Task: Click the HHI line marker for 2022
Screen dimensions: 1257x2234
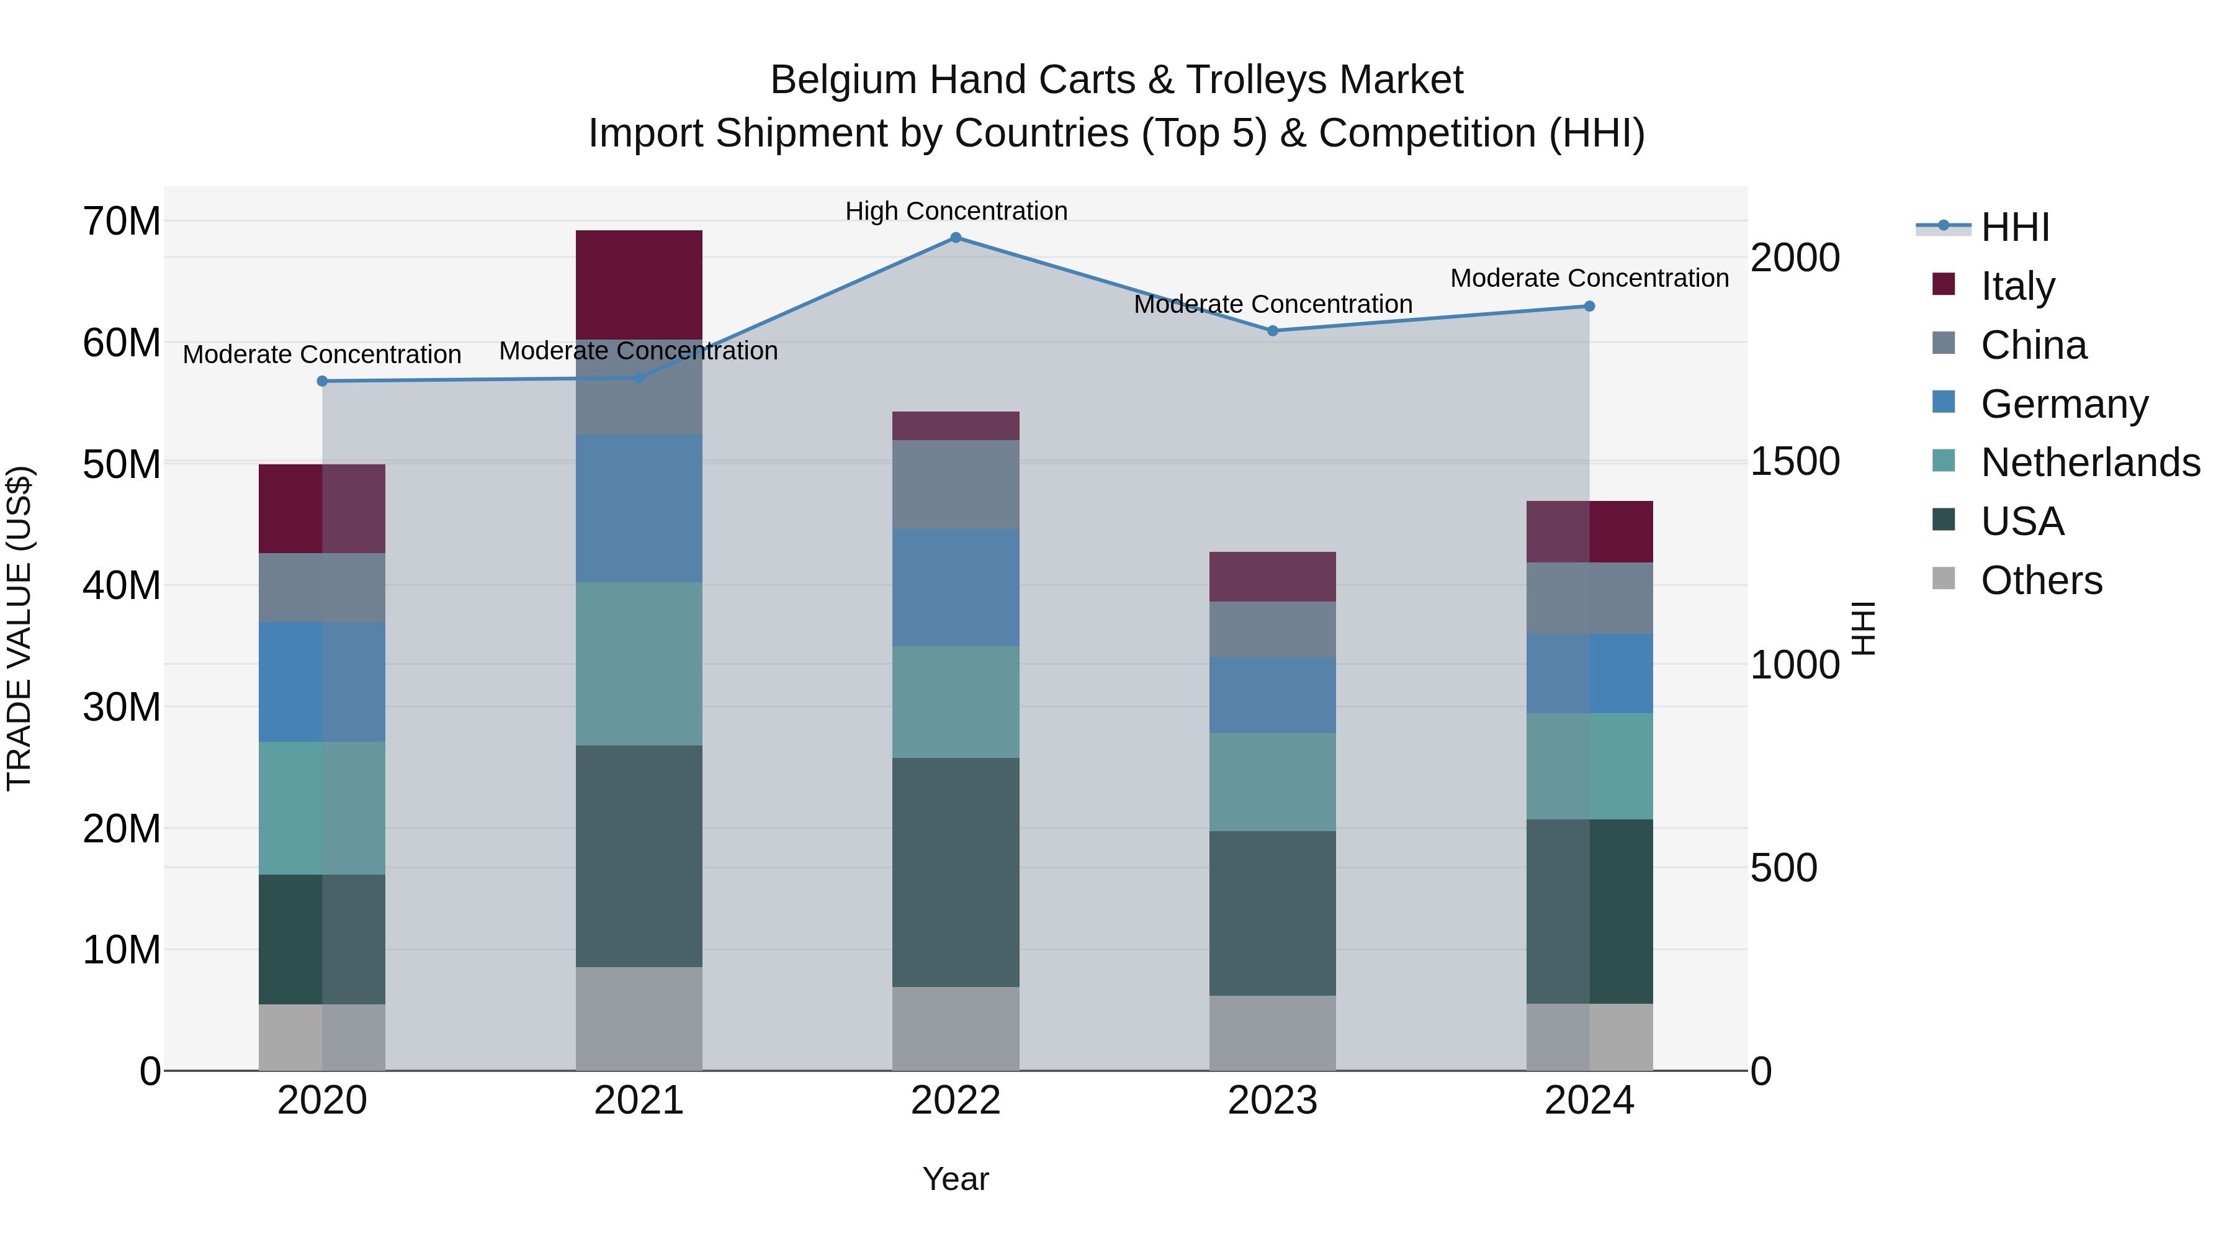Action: pyautogui.click(x=956, y=238)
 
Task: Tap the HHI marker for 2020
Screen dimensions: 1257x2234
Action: pyautogui.click(x=323, y=381)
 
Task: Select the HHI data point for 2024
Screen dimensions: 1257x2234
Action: pyautogui.click(x=1589, y=306)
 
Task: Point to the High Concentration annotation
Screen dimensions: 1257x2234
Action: pyautogui.click(x=956, y=211)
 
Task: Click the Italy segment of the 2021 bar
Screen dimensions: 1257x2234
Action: pyautogui.click(x=639, y=284)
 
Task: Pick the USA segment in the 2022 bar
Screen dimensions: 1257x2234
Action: pyautogui.click(x=956, y=872)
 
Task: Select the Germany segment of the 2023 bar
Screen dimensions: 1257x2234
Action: pyautogui.click(x=1272, y=695)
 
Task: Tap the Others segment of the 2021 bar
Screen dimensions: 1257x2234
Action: pyautogui.click(x=639, y=1019)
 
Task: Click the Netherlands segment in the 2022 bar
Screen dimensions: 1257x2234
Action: pyautogui.click(x=956, y=702)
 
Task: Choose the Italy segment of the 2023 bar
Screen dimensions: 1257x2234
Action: pyautogui.click(x=1272, y=576)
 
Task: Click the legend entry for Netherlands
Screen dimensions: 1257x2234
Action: pyautogui.click(x=2090, y=462)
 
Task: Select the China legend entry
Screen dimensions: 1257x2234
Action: pyautogui.click(x=2034, y=345)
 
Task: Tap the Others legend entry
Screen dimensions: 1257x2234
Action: pyautogui.click(x=2042, y=580)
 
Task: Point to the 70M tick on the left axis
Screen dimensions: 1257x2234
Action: pyautogui.click(x=122, y=221)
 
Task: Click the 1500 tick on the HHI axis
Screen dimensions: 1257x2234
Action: pyautogui.click(x=1794, y=461)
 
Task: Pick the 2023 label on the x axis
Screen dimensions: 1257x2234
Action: pyautogui.click(x=1272, y=1101)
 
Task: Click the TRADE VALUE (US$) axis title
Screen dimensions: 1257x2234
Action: pyautogui.click(x=19, y=628)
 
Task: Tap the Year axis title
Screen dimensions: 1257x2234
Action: pyautogui.click(x=956, y=1179)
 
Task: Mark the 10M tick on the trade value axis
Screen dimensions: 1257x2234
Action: pyautogui.click(x=122, y=950)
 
